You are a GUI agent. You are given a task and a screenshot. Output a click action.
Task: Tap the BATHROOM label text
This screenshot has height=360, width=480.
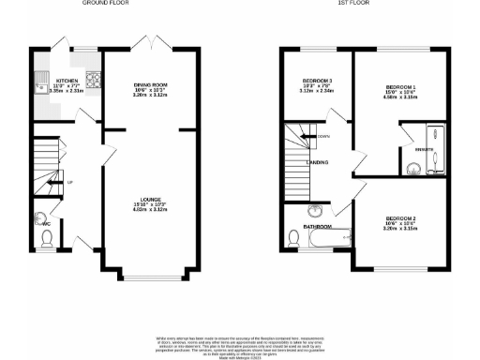[x=317, y=227]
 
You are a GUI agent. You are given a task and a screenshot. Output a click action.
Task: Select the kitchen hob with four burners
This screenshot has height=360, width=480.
[x=92, y=81]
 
